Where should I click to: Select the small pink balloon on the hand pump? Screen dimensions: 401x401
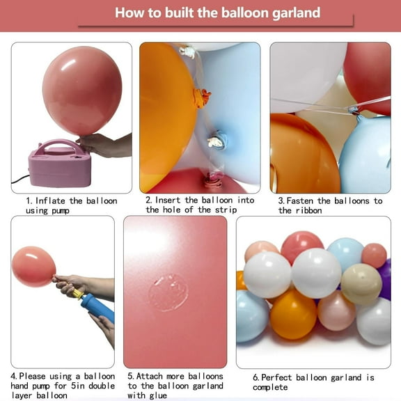point(33,266)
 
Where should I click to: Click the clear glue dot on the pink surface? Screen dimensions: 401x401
point(168,292)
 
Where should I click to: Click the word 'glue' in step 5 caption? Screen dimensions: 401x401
point(160,395)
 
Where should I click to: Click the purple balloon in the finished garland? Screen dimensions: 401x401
point(385,278)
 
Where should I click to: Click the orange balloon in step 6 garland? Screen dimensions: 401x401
point(293,313)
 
